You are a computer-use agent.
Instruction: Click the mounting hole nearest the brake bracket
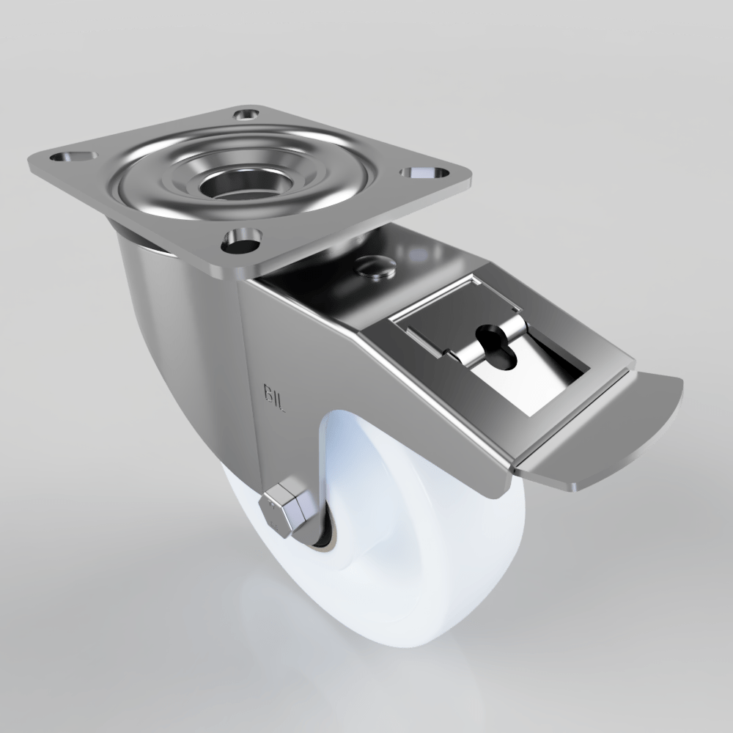[242, 238]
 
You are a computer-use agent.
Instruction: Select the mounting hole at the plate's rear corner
[246, 114]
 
